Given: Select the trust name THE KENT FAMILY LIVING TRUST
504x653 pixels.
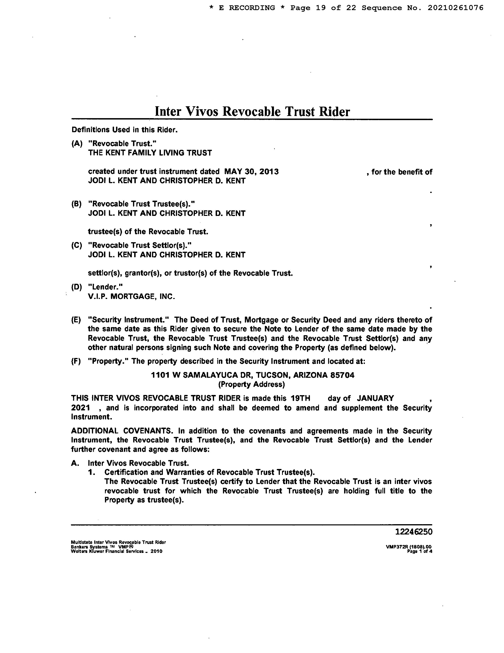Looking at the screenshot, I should pos(150,153).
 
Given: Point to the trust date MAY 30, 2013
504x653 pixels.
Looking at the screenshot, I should pos(251,172).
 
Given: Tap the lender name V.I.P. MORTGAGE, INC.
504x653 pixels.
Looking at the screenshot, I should pos(131,297).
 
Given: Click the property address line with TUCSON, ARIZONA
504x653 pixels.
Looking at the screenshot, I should pos(253,375).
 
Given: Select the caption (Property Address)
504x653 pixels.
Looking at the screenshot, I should pos(251,384).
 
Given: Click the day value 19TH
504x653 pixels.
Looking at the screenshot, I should pos(300,398).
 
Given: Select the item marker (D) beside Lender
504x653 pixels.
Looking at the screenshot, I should pos(76,287).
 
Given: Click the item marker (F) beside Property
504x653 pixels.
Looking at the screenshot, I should pos(76,361).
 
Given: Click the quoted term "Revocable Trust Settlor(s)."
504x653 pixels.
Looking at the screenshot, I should pos(139,246).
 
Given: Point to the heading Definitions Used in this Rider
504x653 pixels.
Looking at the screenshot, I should pos(125,130).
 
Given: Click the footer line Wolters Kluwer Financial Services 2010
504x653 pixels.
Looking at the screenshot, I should pos(116,551).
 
